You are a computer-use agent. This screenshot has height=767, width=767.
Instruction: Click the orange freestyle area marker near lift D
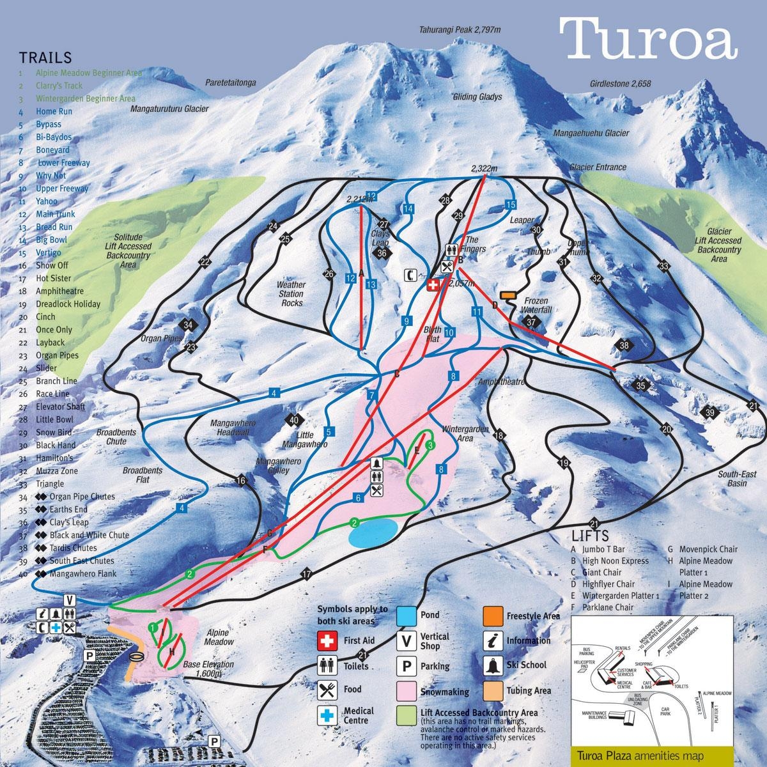point(508,295)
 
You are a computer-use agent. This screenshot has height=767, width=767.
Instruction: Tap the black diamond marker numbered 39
point(710,413)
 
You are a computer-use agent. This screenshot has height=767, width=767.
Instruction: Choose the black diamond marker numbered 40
point(293,420)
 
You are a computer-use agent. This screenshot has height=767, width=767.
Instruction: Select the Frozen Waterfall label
point(537,305)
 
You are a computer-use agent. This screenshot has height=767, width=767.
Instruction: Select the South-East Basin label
point(732,479)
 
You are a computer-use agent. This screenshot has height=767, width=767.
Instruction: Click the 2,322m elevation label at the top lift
point(484,169)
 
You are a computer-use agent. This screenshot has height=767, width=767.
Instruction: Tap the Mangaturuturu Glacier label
point(169,109)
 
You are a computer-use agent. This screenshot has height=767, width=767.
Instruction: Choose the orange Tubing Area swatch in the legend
point(493,690)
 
